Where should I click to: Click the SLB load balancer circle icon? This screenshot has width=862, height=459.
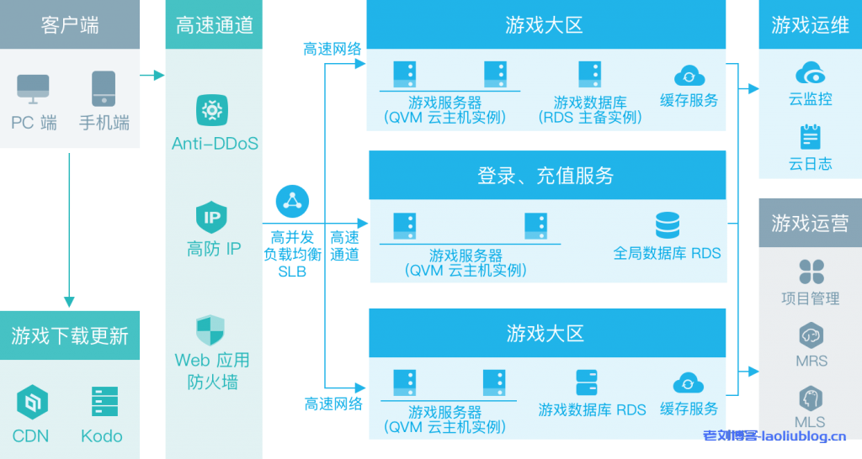(292, 202)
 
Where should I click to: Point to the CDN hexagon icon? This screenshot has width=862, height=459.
(32, 403)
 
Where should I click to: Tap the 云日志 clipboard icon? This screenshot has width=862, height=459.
(811, 136)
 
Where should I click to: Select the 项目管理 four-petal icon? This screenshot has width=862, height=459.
(811, 272)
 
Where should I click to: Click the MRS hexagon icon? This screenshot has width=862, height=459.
(811, 335)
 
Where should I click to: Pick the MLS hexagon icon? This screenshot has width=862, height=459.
(811, 398)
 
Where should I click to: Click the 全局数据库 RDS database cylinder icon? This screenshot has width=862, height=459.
(667, 225)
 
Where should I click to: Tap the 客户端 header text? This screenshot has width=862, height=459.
(70, 25)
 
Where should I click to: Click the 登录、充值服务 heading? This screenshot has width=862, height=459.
(546, 176)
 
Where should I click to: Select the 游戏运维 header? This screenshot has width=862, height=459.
(810, 25)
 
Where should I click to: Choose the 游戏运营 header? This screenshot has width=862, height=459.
(810, 223)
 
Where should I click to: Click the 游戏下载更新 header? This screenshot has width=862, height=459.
(70, 336)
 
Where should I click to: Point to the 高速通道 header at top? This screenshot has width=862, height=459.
(214, 25)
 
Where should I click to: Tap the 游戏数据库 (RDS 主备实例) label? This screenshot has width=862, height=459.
(589, 110)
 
